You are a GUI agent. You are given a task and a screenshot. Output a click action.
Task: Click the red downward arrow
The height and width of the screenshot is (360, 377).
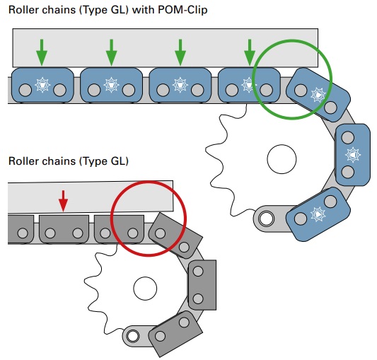coord(63,201)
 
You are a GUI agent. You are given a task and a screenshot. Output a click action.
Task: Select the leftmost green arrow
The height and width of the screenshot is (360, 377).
coord(42,52)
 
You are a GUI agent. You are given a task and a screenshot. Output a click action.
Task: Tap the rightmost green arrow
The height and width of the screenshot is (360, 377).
coord(250,52)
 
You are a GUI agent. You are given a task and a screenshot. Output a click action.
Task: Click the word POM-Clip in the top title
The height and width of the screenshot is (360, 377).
coord(182,10)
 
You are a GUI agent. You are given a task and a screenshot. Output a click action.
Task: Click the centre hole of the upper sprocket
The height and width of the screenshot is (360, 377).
coord(282,159)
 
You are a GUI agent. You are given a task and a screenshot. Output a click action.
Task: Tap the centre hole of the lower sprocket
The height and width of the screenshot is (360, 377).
coord(145,289)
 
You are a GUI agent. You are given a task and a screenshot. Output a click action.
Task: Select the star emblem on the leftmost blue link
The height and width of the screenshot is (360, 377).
coord(42,85)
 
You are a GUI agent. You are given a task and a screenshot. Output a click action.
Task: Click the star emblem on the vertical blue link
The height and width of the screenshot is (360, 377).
coord(353,154)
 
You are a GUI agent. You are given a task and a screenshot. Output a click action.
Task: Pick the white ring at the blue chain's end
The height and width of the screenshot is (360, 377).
coord(266,219)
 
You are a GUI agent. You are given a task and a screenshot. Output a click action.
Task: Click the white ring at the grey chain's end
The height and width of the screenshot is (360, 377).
coord(132,336)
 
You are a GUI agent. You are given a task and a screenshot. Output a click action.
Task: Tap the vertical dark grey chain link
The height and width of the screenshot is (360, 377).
coord(202,285)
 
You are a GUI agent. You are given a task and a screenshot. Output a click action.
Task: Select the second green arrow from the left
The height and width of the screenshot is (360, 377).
coord(111,52)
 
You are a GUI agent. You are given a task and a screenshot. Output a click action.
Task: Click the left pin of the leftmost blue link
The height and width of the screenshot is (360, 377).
coord(25,91)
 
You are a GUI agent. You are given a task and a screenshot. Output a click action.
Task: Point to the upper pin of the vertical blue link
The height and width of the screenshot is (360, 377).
coord(348,137)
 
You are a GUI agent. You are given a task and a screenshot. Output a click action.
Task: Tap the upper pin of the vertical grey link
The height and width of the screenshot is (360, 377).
coord(198,272)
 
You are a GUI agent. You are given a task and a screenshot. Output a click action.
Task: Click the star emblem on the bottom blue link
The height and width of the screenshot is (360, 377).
coord(318,214)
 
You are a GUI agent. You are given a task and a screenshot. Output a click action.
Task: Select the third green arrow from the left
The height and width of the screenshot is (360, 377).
coord(180,52)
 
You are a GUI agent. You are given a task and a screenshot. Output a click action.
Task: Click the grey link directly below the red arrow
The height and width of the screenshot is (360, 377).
coord(64,229)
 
